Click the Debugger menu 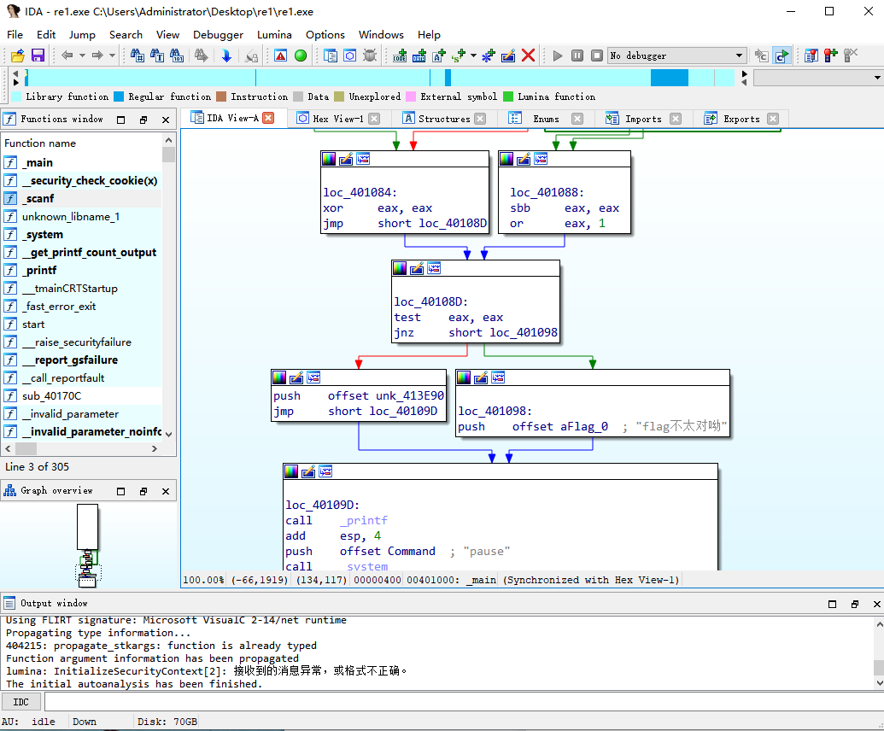click(x=218, y=35)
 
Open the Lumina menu click(x=274, y=35)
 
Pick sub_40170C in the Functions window click(x=52, y=396)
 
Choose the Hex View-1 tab click(x=337, y=119)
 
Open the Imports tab click(x=642, y=119)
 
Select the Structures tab click(x=443, y=119)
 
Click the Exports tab click(x=741, y=119)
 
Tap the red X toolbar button click(x=528, y=56)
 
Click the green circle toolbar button click(x=301, y=56)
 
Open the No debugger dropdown click(x=676, y=56)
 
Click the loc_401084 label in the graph click(x=360, y=193)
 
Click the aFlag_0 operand click(x=584, y=427)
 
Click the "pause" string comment click(x=487, y=551)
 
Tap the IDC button click(x=20, y=702)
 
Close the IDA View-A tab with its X click(x=268, y=118)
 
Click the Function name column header click(x=40, y=143)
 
